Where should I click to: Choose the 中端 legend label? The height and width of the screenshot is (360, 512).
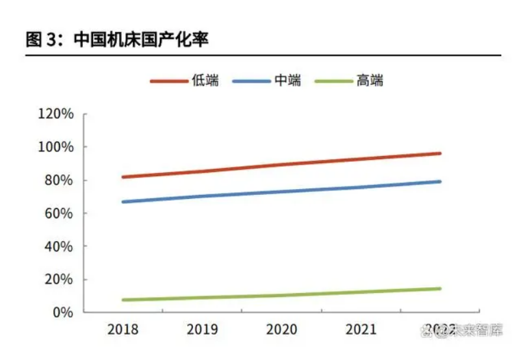click(x=287, y=81)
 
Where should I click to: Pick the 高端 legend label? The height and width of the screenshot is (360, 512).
click(x=370, y=81)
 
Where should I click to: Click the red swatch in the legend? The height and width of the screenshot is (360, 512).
click(x=168, y=81)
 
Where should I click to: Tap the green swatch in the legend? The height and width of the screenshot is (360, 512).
click(x=333, y=81)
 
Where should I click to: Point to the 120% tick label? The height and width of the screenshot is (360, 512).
click(x=56, y=114)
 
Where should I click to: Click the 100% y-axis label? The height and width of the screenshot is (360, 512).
click(x=56, y=148)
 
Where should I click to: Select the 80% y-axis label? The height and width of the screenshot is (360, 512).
click(x=59, y=181)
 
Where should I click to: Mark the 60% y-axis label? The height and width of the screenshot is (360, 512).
click(x=59, y=214)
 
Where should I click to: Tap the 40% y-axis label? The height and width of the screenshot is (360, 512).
click(x=59, y=247)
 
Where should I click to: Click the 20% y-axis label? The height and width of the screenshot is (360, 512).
click(x=59, y=280)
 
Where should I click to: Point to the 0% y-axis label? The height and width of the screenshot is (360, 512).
click(x=62, y=313)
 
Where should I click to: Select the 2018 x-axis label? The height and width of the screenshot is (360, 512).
click(x=123, y=329)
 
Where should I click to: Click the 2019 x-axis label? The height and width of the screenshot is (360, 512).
click(x=202, y=329)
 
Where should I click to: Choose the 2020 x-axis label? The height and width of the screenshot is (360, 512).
click(x=281, y=329)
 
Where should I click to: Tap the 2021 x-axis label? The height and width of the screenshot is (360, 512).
click(x=361, y=329)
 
